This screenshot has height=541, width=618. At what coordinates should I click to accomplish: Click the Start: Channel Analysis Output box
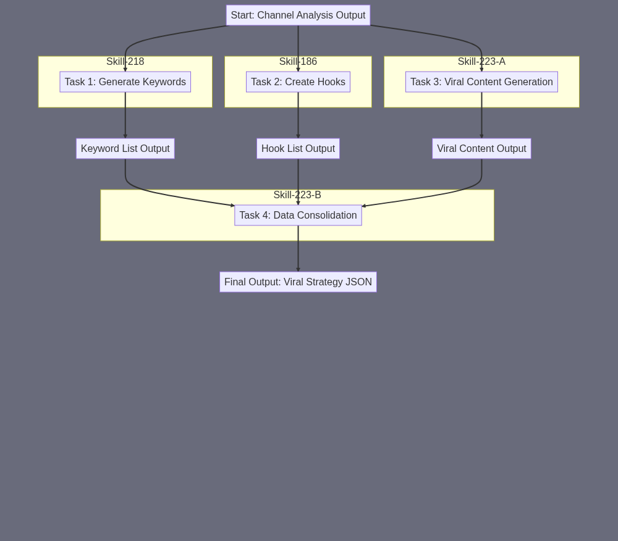point(298,15)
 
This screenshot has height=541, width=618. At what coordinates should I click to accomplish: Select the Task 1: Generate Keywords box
point(125,82)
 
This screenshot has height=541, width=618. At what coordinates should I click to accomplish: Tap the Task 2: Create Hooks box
point(298,82)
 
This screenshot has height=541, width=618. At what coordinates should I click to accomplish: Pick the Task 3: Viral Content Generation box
point(481,82)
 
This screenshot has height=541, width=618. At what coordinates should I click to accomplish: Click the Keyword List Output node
point(125,148)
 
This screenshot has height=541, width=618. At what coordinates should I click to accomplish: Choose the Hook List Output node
point(298,148)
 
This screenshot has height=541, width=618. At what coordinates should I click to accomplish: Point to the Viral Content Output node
point(481,148)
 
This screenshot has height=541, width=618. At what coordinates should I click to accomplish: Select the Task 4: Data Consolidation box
point(298,216)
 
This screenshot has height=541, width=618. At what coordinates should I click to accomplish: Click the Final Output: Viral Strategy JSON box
point(298,282)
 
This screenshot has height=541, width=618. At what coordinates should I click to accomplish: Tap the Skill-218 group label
point(125,61)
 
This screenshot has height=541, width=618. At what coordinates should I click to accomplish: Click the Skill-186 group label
point(298,61)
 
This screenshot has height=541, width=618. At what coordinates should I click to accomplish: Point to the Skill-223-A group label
point(481,61)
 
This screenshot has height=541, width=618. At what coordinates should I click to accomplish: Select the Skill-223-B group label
point(297,195)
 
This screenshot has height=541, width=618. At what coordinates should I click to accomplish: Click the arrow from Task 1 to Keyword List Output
point(125,115)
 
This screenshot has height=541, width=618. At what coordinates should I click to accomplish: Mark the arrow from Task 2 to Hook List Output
point(298,115)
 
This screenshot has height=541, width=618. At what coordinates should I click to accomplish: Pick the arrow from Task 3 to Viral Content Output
point(481,115)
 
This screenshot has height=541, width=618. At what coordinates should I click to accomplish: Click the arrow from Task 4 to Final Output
point(298,248)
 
